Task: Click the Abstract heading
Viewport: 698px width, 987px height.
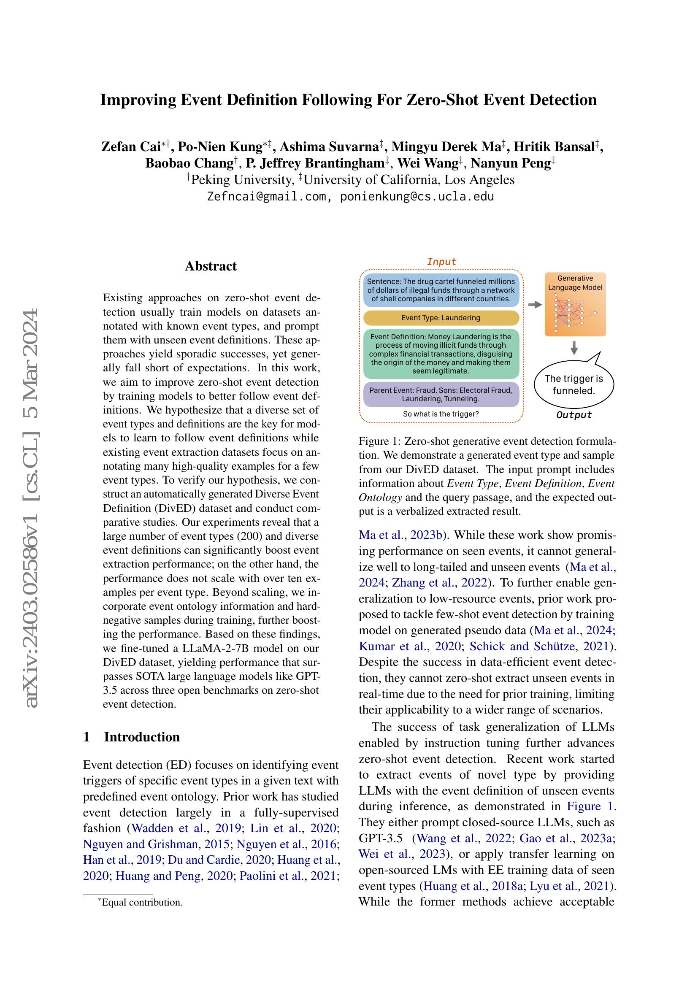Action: [x=211, y=266]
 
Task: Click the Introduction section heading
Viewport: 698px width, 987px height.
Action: [x=142, y=737]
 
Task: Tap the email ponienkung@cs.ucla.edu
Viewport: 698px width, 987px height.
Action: [x=417, y=197]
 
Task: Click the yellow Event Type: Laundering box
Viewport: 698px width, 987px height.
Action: [x=441, y=318]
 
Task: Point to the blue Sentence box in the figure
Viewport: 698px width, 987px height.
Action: [x=441, y=290]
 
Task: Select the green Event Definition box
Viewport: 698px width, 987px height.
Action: [x=441, y=354]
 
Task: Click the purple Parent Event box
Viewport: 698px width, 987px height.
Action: [x=441, y=394]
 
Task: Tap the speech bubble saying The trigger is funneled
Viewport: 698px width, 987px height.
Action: [x=574, y=384]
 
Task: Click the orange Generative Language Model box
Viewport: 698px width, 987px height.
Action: [x=575, y=304]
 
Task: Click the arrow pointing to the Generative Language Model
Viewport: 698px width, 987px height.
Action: [x=534, y=304]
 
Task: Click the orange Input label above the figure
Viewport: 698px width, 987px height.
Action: [x=441, y=262]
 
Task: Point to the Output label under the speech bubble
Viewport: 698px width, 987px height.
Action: [x=574, y=415]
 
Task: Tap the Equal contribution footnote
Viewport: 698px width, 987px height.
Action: [x=142, y=902]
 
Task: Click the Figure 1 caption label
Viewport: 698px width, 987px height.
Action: [x=379, y=441]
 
